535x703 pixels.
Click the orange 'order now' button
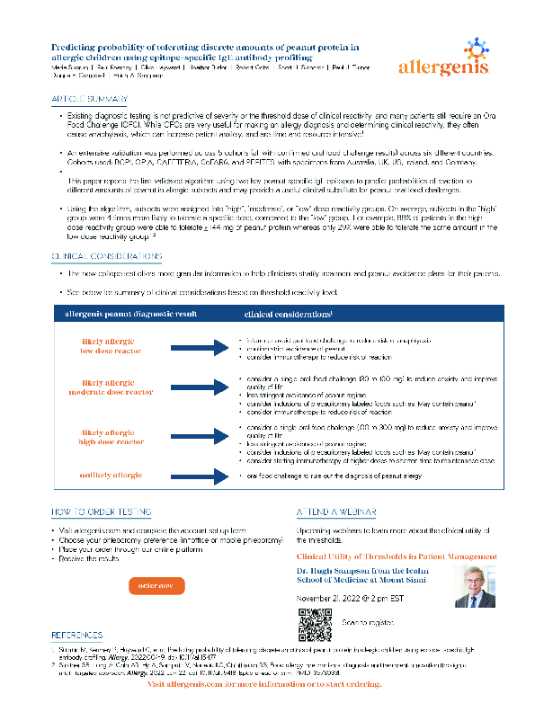pyautogui.click(x=156, y=586)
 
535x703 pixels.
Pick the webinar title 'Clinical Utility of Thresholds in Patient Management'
pyautogui.click(x=397, y=556)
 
